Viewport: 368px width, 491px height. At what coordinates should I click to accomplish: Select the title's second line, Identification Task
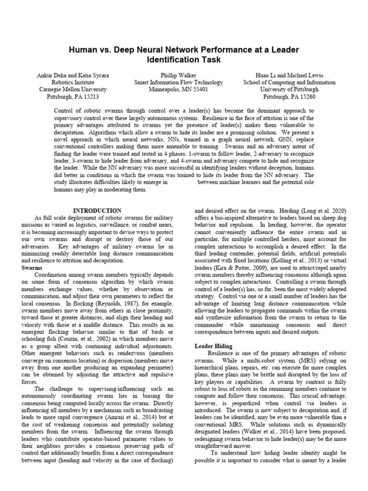click(x=184, y=60)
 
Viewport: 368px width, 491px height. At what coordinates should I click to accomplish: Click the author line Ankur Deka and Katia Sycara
click(x=70, y=75)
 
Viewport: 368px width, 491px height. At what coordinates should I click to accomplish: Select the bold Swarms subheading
click(x=33, y=268)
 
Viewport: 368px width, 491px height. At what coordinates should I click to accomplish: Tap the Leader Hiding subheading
click(x=213, y=346)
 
